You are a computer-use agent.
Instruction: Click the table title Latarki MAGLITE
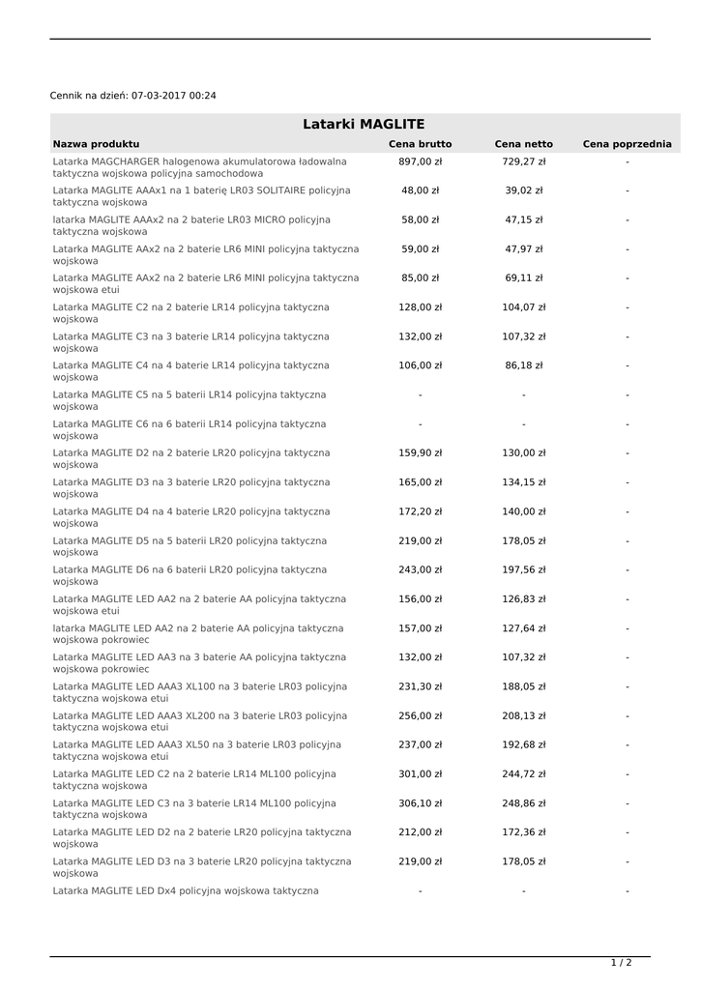[x=364, y=124]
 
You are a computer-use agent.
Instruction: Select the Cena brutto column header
[x=420, y=144]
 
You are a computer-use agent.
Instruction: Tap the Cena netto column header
[x=523, y=144]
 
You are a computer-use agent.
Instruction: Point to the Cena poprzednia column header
[x=627, y=144]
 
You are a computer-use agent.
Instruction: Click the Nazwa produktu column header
[x=96, y=144]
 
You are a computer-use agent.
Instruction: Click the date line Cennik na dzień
[x=133, y=96]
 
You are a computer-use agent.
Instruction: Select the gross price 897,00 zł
[x=420, y=161]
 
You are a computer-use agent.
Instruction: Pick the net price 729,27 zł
[x=523, y=161]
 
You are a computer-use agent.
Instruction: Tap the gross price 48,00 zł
[x=420, y=190]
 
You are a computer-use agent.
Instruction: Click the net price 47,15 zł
[x=523, y=219]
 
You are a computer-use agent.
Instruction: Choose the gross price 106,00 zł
[x=420, y=365]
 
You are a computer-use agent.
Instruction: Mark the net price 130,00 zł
[x=523, y=452]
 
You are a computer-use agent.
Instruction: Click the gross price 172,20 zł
[x=420, y=511]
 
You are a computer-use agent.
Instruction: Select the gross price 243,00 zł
[x=420, y=569]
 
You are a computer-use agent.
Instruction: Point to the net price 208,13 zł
[x=523, y=715]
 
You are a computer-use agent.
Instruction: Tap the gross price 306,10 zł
[x=420, y=802]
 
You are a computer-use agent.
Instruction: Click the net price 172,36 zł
[x=523, y=831]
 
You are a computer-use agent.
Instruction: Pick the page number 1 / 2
[x=621, y=963]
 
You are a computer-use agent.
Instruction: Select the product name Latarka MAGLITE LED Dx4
[x=186, y=890]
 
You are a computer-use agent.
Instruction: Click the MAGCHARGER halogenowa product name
[x=199, y=167]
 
